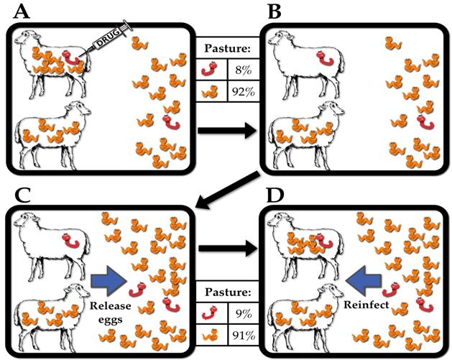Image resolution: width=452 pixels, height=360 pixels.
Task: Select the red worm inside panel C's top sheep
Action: [x=65, y=241]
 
